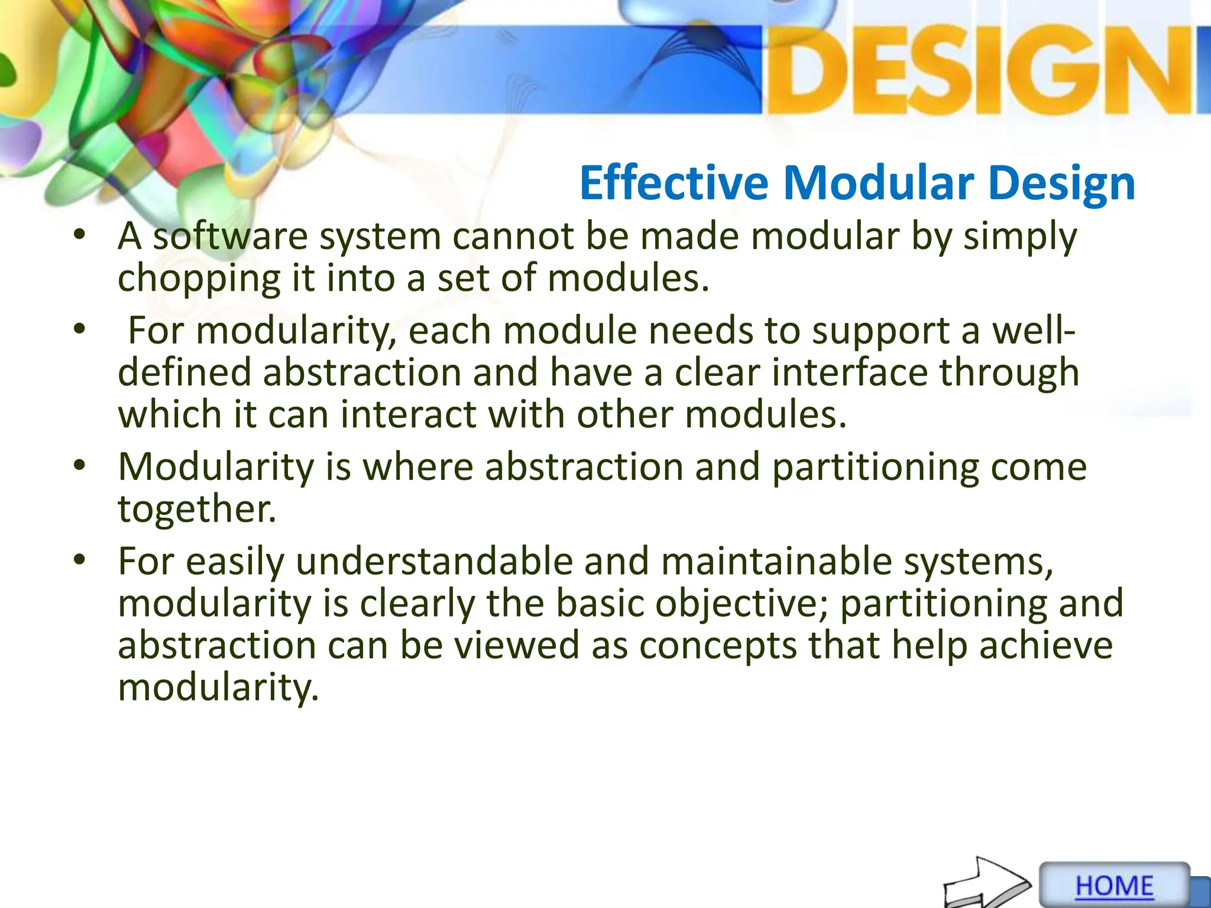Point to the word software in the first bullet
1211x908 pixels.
pyautogui.click(x=230, y=237)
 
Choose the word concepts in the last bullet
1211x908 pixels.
pyautogui.click(x=718, y=646)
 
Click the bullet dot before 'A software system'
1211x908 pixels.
pyautogui.click(x=80, y=236)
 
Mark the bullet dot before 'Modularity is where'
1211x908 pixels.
pyautogui.click(x=80, y=466)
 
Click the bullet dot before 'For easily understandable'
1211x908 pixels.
pyautogui.click(x=80, y=560)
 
